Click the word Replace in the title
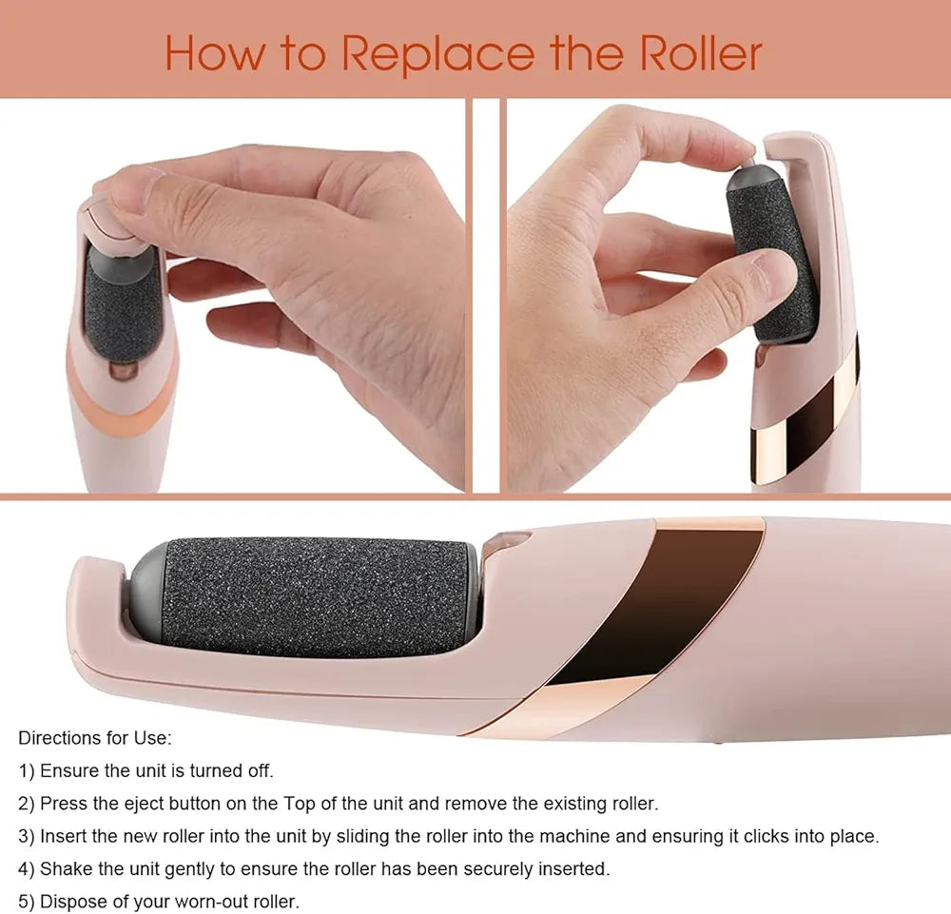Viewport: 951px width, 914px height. pos(437,54)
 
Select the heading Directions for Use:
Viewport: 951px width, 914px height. pos(95,738)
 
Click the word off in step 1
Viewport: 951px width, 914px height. pos(261,771)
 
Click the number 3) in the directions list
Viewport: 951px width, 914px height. pos(27,837)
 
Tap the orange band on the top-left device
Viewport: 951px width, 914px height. pos(122,398)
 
